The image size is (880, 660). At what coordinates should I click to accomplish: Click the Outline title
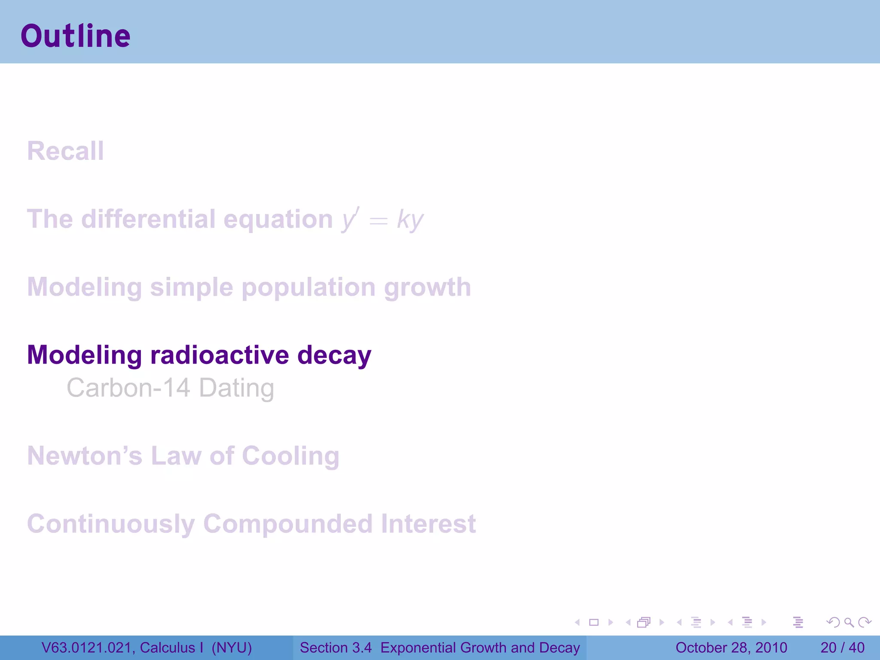coord(76,36)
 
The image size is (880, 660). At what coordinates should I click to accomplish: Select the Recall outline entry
coord(65,151)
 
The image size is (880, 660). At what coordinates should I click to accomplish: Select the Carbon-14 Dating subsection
coord(170,388)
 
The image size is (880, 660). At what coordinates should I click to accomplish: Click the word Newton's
coord(85,456)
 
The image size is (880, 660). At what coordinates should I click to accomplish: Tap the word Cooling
coord(290,456)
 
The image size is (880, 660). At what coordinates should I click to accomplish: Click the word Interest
coord(428,524)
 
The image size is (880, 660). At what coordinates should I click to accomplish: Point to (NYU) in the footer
coord(232,648)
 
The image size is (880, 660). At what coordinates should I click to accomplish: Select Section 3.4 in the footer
coord(336,648)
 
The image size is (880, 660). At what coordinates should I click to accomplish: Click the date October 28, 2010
coord(731,648)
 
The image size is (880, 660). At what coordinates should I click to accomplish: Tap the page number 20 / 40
coord(842,648)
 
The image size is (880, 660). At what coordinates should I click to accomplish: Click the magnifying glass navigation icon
coord(849,622)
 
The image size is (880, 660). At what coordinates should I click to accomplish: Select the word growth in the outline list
coord(428,287)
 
